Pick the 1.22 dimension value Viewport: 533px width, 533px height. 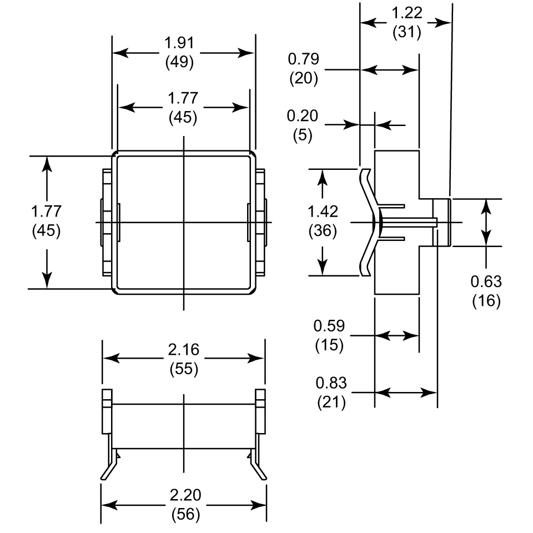407,13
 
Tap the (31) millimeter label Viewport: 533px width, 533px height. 407,32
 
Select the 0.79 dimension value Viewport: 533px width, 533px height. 303,59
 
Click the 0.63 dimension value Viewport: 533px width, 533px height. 486,281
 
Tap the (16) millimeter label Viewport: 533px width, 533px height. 486,301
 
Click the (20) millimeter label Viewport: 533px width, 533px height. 303,78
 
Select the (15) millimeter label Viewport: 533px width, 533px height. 329,345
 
